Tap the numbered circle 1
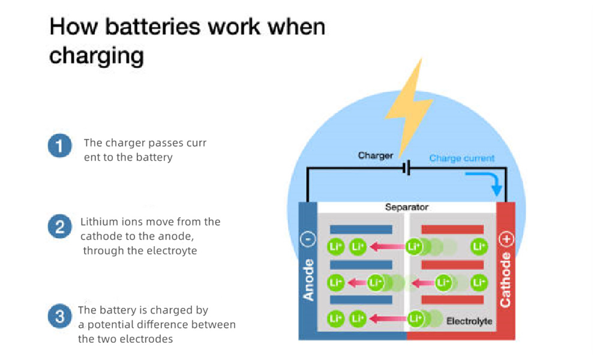pos(59,147)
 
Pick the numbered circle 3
pos(59,317)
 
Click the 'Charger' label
pos(376,155)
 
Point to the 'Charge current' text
pos(461,158)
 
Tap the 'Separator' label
pos(407,208)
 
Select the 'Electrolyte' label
pos(469,321)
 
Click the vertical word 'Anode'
pos(308,280)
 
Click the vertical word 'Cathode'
pos(506,280)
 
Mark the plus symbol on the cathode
pos(506,239)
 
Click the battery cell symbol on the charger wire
pos(407,169)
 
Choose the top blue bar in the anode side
pos(361,229)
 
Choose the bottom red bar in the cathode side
pos(452,299)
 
